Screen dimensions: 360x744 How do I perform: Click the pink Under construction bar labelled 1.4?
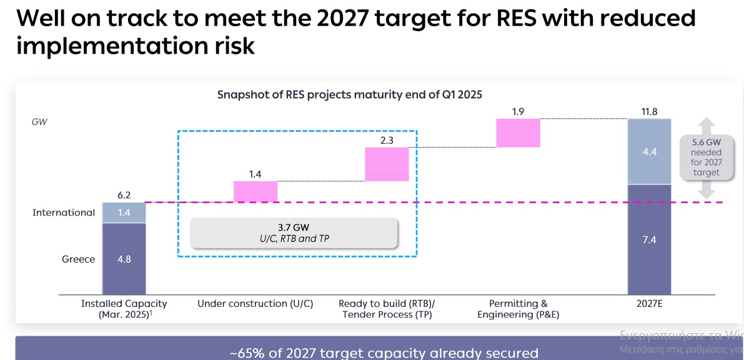point(255,192)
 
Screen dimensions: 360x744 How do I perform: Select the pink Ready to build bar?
point(387,164)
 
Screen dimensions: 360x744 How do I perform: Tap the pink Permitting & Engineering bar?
point(518,133)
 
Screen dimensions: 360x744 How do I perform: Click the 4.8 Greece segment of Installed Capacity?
point(124,259)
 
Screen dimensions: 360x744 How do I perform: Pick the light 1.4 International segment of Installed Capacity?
point(124,213)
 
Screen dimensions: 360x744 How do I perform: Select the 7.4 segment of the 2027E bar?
point(650,240)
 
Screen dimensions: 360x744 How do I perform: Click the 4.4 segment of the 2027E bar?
point(650,151)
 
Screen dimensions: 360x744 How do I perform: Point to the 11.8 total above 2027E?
point(650,112)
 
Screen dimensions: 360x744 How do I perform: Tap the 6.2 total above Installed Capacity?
point(124,195)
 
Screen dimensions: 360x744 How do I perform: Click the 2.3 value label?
point(387,141)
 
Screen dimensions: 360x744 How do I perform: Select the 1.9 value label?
point(518,112)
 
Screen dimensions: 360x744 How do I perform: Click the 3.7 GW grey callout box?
point(294,233)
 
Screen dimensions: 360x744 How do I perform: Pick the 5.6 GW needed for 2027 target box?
point(707,157)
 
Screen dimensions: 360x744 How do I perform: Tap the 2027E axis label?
point(650,304)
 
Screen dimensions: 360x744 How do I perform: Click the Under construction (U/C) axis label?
point(255,304)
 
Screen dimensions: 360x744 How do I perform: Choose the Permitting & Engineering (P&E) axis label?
point(518,309)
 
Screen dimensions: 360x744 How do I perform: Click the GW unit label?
point(39,122)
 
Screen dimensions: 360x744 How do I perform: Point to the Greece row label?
point(78,259)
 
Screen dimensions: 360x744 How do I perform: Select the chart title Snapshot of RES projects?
point(349,95)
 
